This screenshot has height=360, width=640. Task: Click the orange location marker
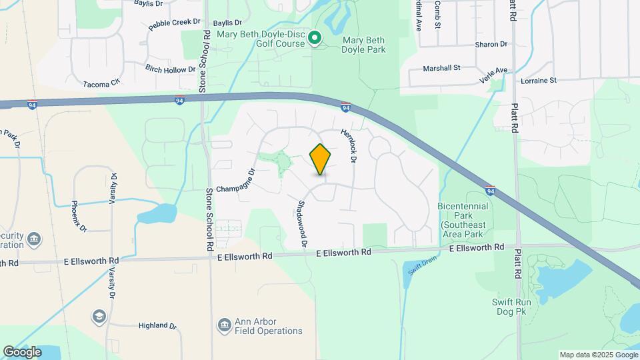point(321,159)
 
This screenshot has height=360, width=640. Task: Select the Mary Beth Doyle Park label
point(364,45)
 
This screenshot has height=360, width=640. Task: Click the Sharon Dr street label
point(491,45)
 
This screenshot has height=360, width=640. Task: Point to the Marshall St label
point(442,68)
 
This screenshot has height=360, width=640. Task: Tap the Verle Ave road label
point(493,75)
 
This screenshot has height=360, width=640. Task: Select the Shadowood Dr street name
point(302,224)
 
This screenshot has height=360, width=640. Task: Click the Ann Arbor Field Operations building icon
point(224,325)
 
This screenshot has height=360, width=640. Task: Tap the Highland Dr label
point(157,326)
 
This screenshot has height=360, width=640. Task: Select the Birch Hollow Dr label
point(170,68)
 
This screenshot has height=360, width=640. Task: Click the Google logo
point(23,351)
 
